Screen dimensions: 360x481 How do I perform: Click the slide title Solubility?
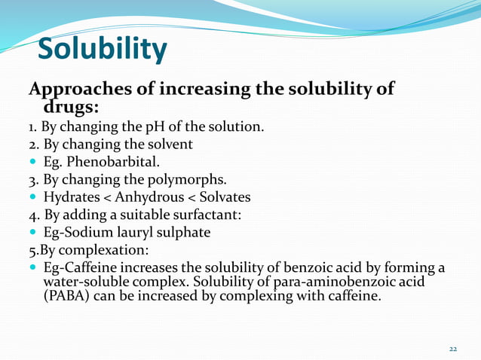point(102,50)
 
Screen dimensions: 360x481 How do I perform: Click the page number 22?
point(452,349)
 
